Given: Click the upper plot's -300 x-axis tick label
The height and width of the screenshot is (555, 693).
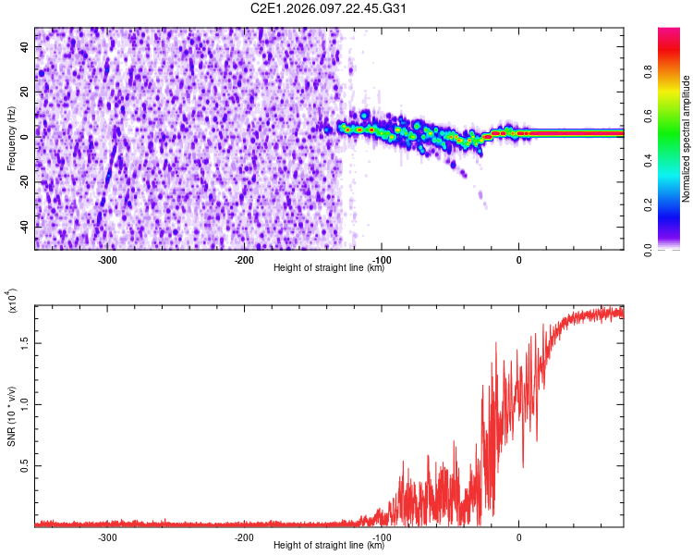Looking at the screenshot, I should (x=108, y=260).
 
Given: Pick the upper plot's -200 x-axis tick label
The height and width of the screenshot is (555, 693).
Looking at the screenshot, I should (x=245, y=260).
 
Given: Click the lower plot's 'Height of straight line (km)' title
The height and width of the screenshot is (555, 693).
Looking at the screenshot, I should (x=329, y=546).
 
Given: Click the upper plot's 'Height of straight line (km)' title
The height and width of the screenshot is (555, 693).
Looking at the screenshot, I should (x=329, y=268).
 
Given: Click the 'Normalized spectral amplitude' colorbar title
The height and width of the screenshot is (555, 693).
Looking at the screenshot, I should (x=686, y=139).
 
